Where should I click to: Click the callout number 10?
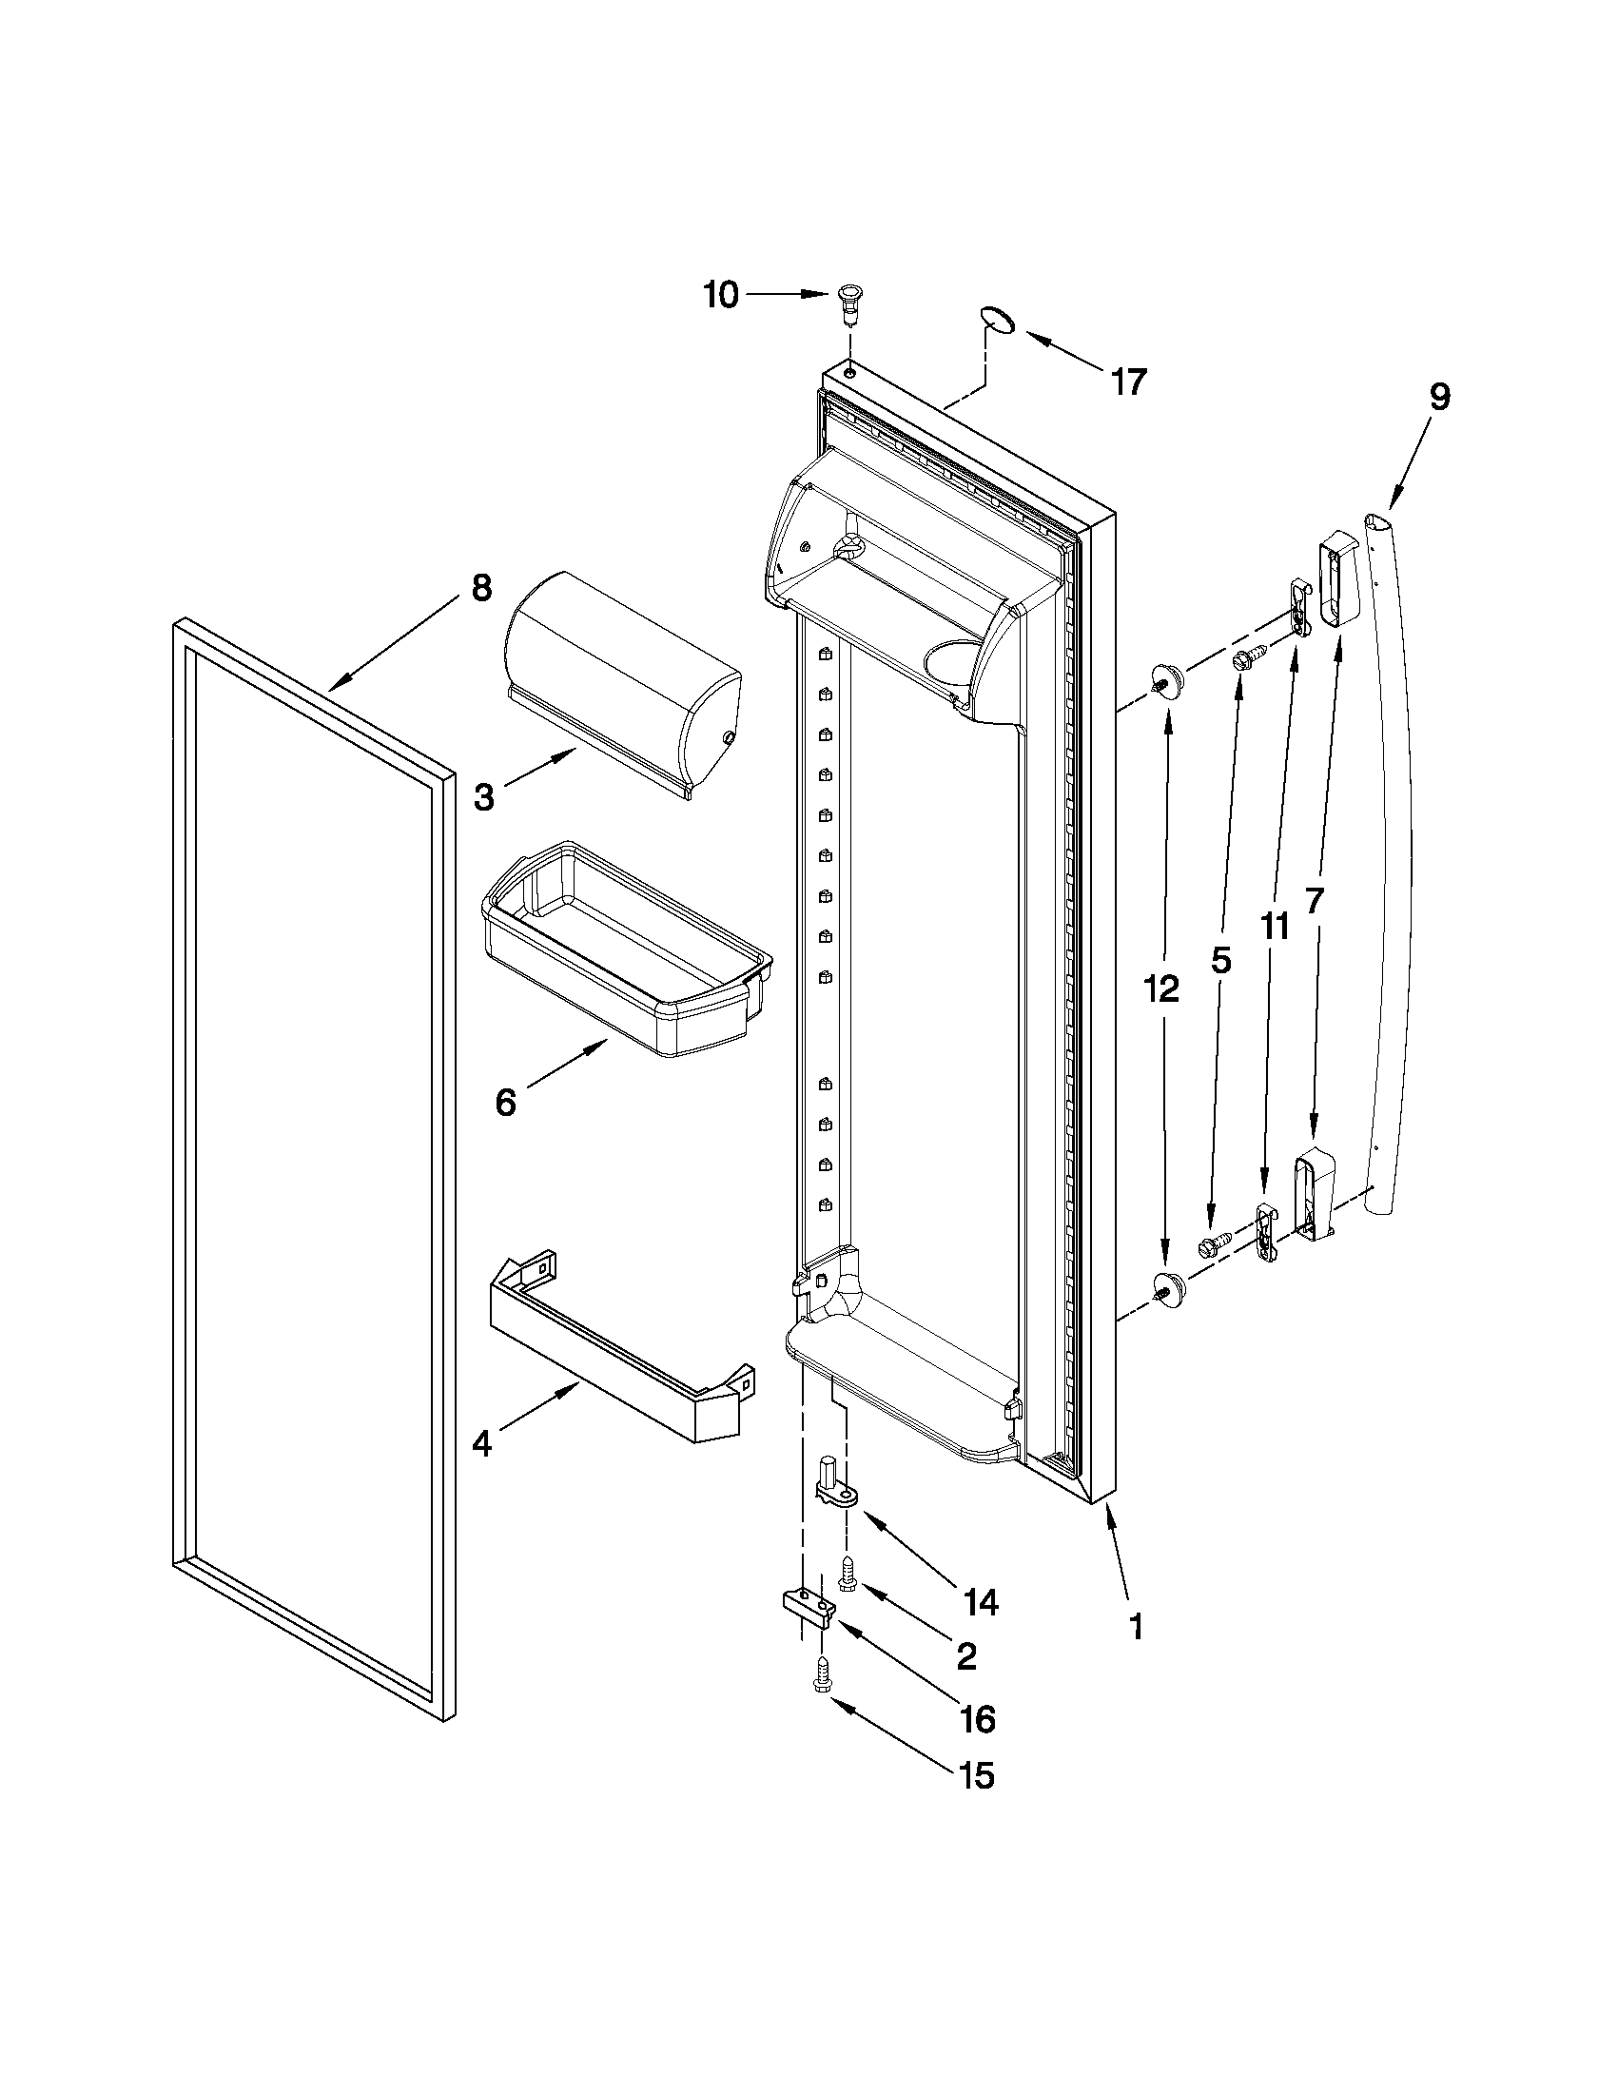[720, 295]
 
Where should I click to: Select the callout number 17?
[1129, 382]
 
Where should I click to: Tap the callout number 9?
[1438, 398]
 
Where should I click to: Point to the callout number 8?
[480, 588]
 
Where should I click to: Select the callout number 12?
[1160, 989]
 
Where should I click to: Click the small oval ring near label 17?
[998, 321]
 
